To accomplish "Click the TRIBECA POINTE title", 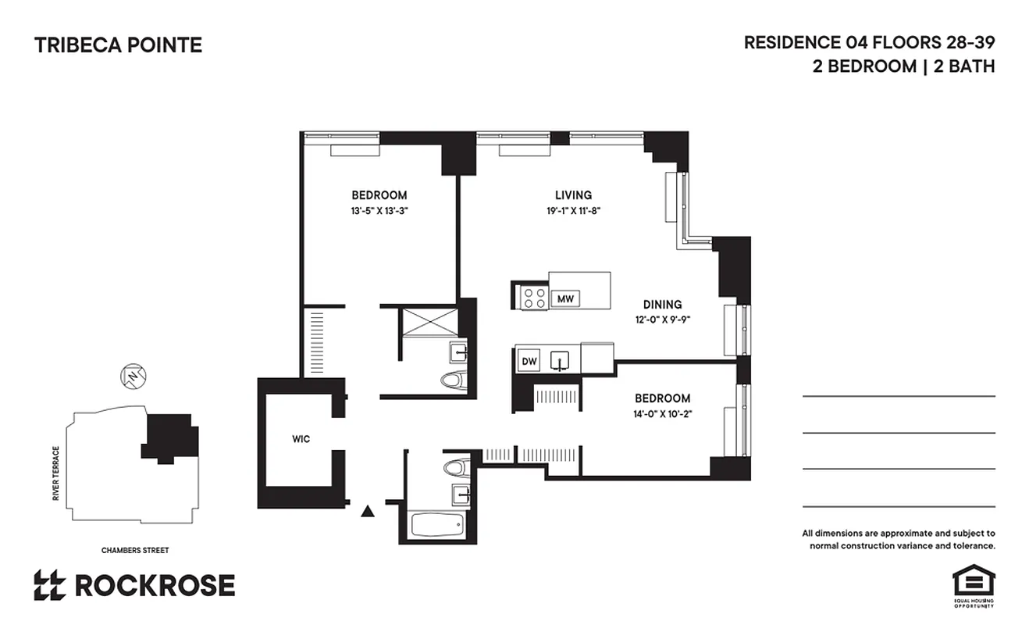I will click(118, 45).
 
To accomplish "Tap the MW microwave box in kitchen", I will click(565, 298).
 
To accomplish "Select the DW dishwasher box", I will click(529, 361).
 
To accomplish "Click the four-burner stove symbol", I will click(533, 298).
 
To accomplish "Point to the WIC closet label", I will click(301, 439).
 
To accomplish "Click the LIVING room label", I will click(573, 195).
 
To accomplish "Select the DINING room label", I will click(662, 305).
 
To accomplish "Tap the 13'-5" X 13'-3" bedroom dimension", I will click(379, 211).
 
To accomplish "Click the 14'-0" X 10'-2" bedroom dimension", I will click(662, 413).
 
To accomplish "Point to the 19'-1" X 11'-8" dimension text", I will click(573, 211).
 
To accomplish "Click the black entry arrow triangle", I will click(368, 512).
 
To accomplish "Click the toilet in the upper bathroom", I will click(453, 380).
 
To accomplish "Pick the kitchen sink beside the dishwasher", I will click(561, 361).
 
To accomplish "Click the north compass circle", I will click(134, 377).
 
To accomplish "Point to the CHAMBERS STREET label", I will click(135, 550).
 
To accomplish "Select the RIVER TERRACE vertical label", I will click(55, 473).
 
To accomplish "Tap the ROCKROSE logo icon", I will click(49, 585).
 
